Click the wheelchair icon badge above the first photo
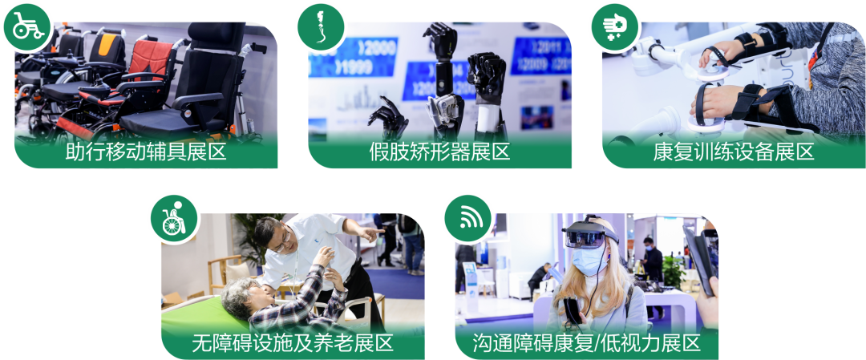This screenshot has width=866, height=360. (27, 27)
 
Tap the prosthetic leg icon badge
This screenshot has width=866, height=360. (322, 27)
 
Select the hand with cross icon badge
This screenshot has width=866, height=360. (615, 27)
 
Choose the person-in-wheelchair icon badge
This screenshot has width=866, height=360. (175, 219)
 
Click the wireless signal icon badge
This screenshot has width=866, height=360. (468, 219)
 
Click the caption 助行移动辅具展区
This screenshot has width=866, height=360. (146, 152)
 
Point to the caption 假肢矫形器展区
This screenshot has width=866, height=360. (439, 152)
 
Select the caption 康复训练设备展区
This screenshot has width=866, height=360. (734, 152)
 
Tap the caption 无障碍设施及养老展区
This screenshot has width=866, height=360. (293, 343)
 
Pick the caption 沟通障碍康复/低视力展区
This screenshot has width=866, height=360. (586, 343)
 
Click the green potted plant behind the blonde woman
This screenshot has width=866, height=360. (674, 270)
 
